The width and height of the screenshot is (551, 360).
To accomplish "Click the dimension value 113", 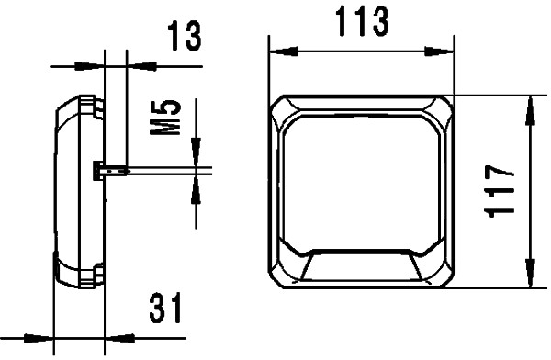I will click(x=359, y=20).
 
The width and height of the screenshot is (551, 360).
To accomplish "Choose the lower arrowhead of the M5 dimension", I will click(x=195, y=189).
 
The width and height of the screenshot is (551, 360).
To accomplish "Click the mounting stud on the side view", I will click(x=108, y=169).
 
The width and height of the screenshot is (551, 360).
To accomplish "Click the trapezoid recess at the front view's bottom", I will click(x=360, y=267).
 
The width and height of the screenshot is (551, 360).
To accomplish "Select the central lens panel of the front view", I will click(x=360, y=184).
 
